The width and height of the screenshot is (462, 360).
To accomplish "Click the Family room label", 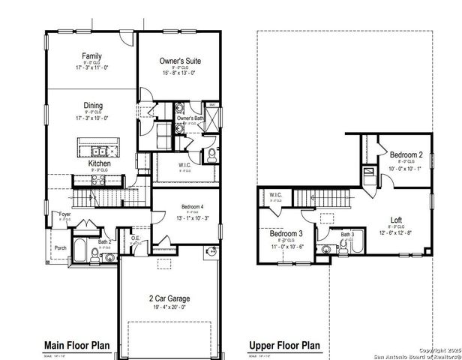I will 92,55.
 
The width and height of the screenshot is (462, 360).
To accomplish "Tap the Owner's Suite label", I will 180,60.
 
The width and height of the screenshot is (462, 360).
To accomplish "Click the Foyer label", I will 66,214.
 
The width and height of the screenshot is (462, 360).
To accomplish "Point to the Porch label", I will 61,249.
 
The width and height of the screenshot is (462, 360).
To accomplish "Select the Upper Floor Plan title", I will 284,345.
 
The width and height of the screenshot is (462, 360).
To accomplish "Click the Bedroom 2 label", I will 406,154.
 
